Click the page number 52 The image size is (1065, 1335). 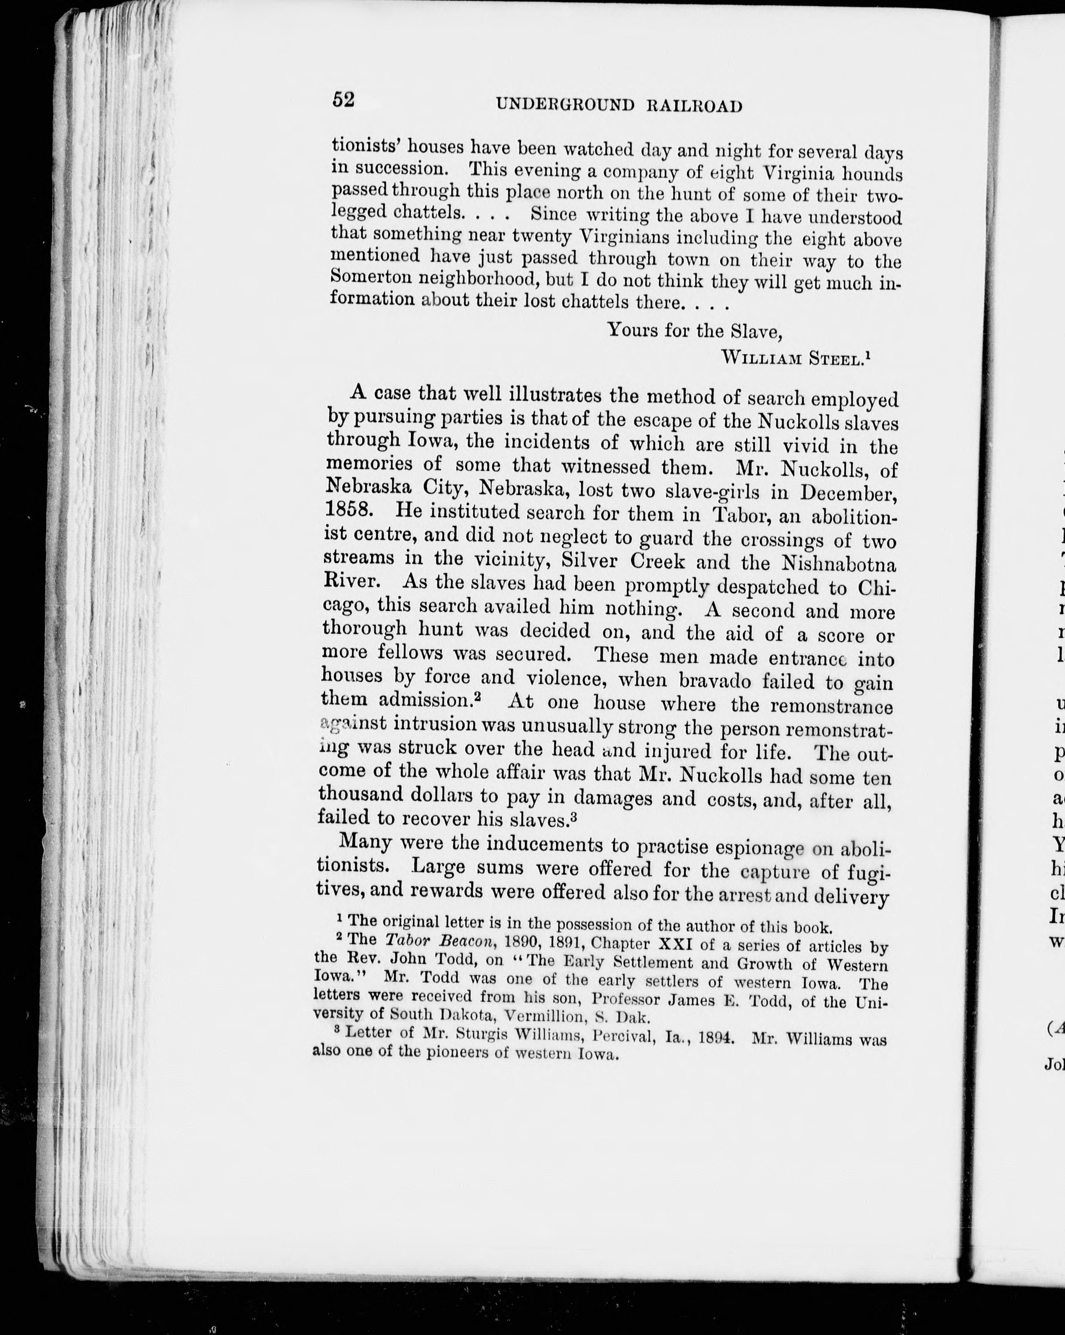click(343, 100)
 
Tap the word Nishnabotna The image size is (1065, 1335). click(838, 564)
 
